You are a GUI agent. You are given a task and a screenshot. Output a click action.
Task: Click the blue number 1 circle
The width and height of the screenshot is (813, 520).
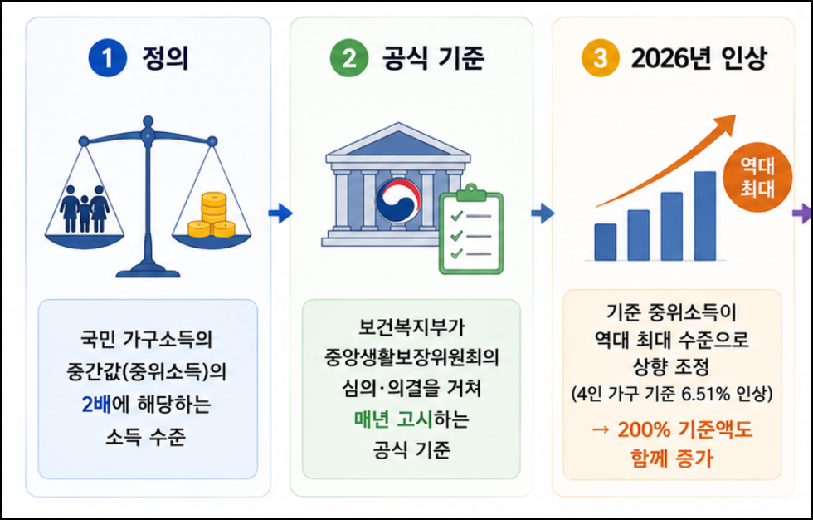(x=108, y=57)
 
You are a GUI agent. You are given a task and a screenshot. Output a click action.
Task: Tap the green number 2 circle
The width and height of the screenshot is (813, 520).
(x=349, y=57)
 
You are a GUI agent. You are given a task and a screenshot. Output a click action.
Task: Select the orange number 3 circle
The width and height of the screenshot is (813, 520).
(x=601, y=57)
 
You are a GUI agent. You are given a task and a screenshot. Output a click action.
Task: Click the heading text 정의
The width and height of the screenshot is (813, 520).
(x=165, y=57)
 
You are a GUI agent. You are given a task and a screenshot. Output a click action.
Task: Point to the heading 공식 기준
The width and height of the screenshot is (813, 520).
(x=433, y=57)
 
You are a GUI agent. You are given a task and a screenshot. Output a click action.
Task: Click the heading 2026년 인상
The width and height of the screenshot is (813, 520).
(x=698, y=57)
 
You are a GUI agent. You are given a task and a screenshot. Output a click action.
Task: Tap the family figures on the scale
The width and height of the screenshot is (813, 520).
(x=85, y=208)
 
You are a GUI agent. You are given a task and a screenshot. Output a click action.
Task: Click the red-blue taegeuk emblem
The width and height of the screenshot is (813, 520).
(x=397, y=200)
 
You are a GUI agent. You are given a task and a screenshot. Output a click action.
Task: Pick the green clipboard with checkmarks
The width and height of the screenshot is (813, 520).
(x=471, y=229)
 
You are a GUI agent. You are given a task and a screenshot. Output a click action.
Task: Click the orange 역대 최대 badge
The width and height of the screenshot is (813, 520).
(x=757, y=178)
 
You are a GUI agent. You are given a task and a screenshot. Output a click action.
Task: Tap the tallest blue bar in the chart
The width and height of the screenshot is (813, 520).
(x=704, y=216)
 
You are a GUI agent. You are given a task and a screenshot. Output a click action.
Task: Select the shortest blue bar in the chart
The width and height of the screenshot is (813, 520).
(x=605, y=243)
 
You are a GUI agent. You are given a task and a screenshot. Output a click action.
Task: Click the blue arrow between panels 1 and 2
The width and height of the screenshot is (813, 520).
(x=280, y=213)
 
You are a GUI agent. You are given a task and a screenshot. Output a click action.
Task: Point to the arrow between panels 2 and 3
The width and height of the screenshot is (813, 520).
(x=543, y=213)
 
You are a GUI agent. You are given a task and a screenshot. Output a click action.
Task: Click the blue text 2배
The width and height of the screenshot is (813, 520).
(x=96, y=405)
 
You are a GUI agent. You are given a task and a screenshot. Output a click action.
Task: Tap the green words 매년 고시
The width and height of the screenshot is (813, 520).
(x=393, y=419)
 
